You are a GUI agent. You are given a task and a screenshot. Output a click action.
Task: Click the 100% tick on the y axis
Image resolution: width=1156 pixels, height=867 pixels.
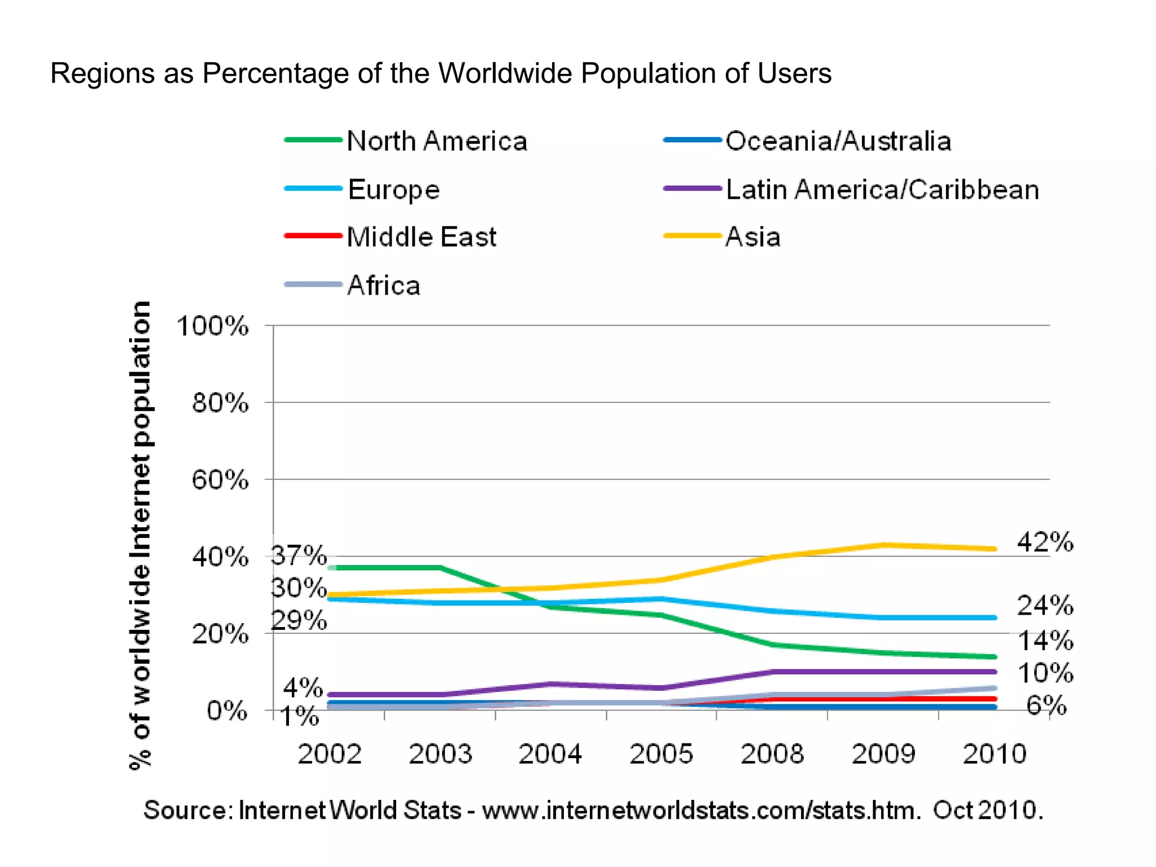tap(212, 326)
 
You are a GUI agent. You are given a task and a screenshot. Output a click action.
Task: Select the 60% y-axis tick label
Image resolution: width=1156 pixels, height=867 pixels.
tap(220, 480)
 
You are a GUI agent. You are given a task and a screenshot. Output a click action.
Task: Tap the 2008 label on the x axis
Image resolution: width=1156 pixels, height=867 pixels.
tap(772, 754)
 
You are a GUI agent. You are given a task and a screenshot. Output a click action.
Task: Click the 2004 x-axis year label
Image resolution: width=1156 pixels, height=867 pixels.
tap(550, 754)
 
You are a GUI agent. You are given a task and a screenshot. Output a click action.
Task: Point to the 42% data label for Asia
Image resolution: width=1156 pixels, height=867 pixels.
tap(1045, 542)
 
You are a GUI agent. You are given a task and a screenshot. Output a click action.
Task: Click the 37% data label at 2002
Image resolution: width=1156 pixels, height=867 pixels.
tap(299, 555)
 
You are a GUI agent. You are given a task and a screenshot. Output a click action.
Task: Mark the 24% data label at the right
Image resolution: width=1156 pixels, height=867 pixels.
tap(1045, 606)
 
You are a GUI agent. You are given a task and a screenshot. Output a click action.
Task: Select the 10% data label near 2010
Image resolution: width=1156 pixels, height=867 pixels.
tap(1045, 673)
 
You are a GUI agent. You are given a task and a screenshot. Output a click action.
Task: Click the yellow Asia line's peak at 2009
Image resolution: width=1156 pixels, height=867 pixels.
tap(883, 545)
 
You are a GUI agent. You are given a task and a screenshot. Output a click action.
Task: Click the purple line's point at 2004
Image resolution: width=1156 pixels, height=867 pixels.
tap(550, 684)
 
